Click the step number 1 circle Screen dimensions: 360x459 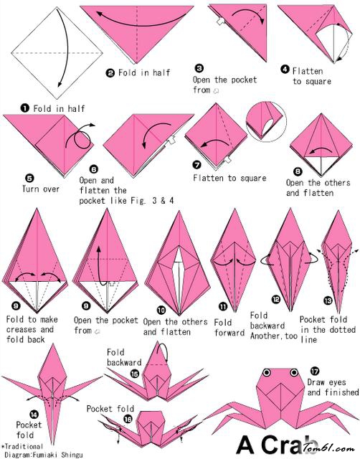24,108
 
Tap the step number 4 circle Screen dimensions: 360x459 285,70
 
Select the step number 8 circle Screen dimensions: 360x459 298,171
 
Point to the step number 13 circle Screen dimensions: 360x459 328,300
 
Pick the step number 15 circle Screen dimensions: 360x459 135,374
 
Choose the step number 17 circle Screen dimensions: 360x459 315,372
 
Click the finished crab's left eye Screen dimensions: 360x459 267,373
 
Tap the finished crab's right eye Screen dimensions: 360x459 294,373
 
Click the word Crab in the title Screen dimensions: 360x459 288,445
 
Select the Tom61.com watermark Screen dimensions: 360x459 329,448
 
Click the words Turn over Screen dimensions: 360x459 41,189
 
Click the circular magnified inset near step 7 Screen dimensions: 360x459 266,121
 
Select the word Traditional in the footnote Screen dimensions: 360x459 24,446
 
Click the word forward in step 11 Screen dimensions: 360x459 229,333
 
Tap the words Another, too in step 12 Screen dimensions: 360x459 274,336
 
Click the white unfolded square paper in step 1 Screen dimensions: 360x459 57,53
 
